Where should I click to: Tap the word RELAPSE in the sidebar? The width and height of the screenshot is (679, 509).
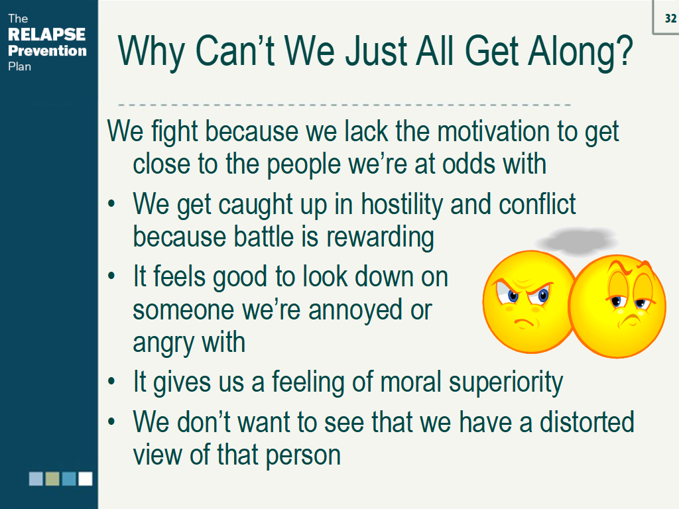(x=47, y=34)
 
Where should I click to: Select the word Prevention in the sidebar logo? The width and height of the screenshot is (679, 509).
(x=47, y=50)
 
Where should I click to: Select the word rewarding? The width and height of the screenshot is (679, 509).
(x=380, y=237)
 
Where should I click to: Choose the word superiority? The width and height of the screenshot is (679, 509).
(x=506, y=382)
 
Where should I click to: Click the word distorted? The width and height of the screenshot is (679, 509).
(x=587, y=422)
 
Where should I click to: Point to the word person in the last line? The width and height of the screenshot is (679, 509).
(x=302, y=455)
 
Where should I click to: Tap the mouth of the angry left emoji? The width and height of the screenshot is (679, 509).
(x=524, y=323)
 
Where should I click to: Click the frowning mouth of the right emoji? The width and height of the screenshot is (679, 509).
(x=630, y=320)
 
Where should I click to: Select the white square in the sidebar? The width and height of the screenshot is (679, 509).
(x=86, y=479)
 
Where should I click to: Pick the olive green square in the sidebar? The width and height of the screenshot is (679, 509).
(x=52, y=479)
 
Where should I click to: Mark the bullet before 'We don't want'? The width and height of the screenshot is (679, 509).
(x=111, y=422)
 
